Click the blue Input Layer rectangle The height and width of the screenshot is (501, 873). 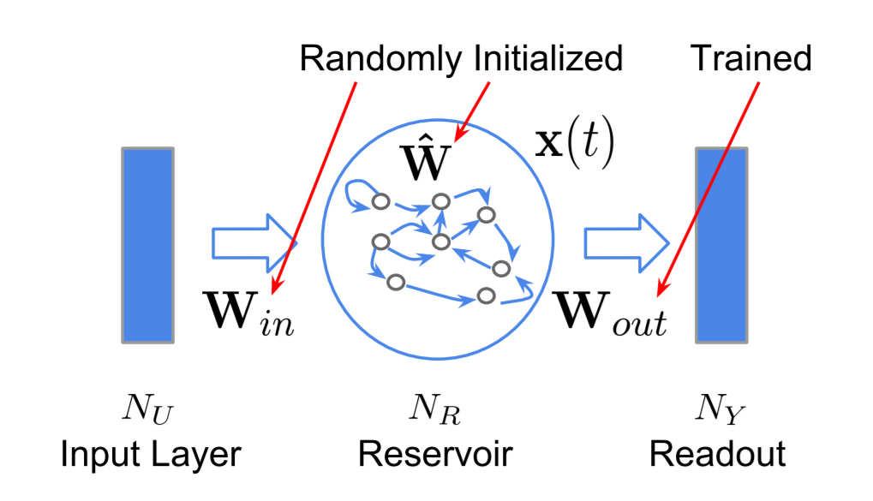tap(148, 245)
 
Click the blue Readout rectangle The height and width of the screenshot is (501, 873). tap(721, 245)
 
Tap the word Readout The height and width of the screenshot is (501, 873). tap(718, 453)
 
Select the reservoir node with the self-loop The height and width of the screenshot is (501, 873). tap(380, 202)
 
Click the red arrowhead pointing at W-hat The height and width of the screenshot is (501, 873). tap(459, 133)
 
